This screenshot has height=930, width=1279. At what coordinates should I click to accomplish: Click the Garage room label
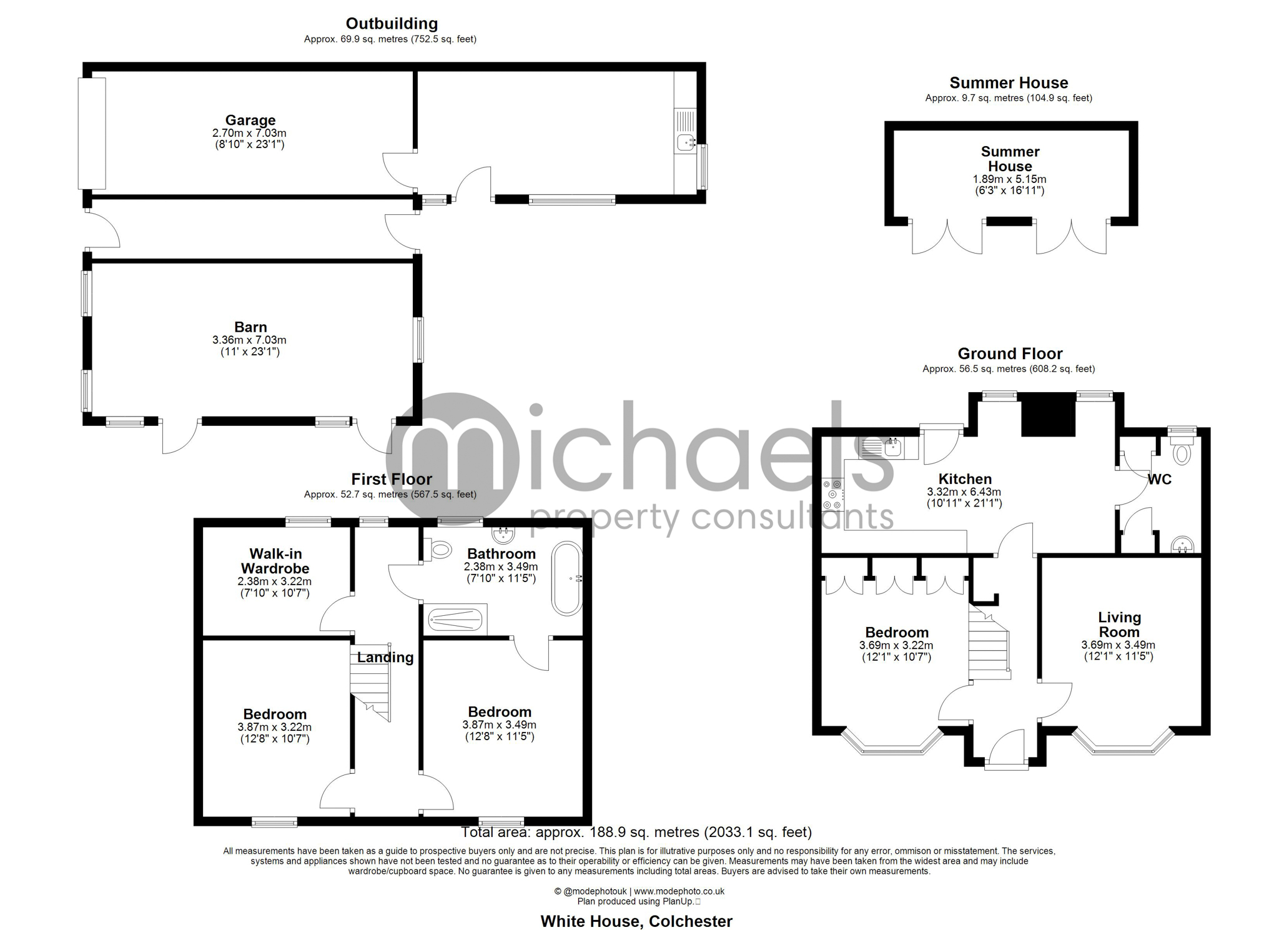coord(250,120)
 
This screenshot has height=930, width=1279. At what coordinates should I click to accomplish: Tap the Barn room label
coord(250,327)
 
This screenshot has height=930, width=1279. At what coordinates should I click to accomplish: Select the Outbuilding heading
coord(392,24)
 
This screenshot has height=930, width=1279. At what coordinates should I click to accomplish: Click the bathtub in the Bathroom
coord(567,578)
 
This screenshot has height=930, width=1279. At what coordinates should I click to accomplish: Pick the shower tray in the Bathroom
coord(456,620)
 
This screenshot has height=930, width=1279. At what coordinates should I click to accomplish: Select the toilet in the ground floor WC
coord(1182,450)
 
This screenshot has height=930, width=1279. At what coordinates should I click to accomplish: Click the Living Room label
coord(1119,625)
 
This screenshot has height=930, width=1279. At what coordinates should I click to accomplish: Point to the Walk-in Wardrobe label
coord(275,561)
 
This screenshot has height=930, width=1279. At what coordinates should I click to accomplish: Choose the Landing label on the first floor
coord(385,657)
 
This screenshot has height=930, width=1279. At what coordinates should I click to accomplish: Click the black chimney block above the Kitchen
coord(1048,415)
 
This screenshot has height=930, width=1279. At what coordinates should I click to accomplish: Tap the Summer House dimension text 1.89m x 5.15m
coord(1010,179)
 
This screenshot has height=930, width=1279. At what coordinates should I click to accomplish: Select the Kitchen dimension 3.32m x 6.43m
coord(964,492)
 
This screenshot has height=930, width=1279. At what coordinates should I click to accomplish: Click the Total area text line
coord(636,832)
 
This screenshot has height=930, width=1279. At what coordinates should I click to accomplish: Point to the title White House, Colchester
coord(636,921)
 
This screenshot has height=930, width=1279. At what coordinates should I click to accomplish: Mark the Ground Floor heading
coord(1010,354)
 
